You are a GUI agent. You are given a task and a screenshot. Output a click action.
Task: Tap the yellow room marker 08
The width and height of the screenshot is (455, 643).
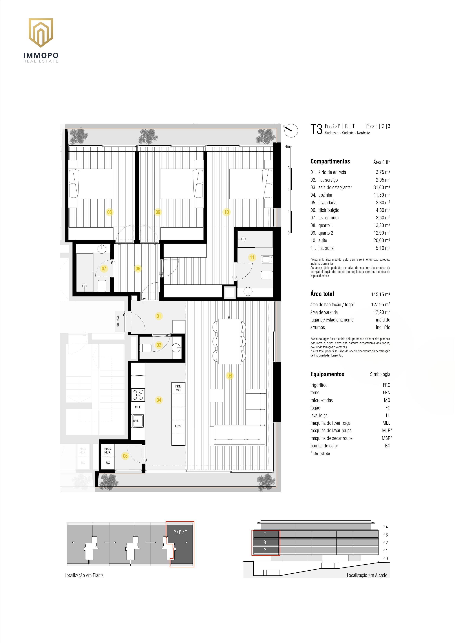pyautogui.click(x=109, y=212)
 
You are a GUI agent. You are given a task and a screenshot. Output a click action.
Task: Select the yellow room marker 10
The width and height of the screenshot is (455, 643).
pyautogui.click(x=226, y=212)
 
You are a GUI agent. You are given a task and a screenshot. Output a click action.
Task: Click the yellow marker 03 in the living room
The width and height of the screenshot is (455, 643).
pyautogui.click(x=229, y=376)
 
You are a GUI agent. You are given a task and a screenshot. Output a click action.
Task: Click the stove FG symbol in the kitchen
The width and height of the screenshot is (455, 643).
pyautogui.click(x=138, y=395)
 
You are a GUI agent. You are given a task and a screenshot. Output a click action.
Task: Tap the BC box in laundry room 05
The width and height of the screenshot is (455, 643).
pyautogui.click(x=108, y=463)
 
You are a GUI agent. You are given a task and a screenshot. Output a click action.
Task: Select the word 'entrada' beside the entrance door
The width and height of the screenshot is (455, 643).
pyautogui.click(x=118, y=321)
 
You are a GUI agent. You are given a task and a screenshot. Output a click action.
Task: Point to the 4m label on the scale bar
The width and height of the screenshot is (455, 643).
pyautogui.click(x=287, y=146)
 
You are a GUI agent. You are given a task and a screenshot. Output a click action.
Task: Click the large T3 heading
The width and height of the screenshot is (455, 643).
pyautogui.click(x=316, y=129)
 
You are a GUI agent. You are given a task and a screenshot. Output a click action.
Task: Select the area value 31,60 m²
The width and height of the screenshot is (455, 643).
pyautogui.click(x=382, y=187)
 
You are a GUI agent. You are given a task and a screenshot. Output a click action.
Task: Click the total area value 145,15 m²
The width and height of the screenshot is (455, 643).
pyautogui.click(x=381, y=294)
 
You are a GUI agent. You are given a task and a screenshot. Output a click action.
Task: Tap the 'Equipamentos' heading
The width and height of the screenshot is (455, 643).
pyautogui.click(x=327, y=374)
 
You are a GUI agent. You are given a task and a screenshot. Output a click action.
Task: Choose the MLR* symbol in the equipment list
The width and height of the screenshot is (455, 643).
pyautogui.click(x=387, y=430)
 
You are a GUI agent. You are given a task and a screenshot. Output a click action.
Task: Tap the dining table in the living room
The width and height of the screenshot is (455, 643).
pyautogui.click(x=229, y=341)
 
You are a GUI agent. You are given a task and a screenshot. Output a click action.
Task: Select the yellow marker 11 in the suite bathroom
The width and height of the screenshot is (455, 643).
pyautogui.click(x=252, y=257)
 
